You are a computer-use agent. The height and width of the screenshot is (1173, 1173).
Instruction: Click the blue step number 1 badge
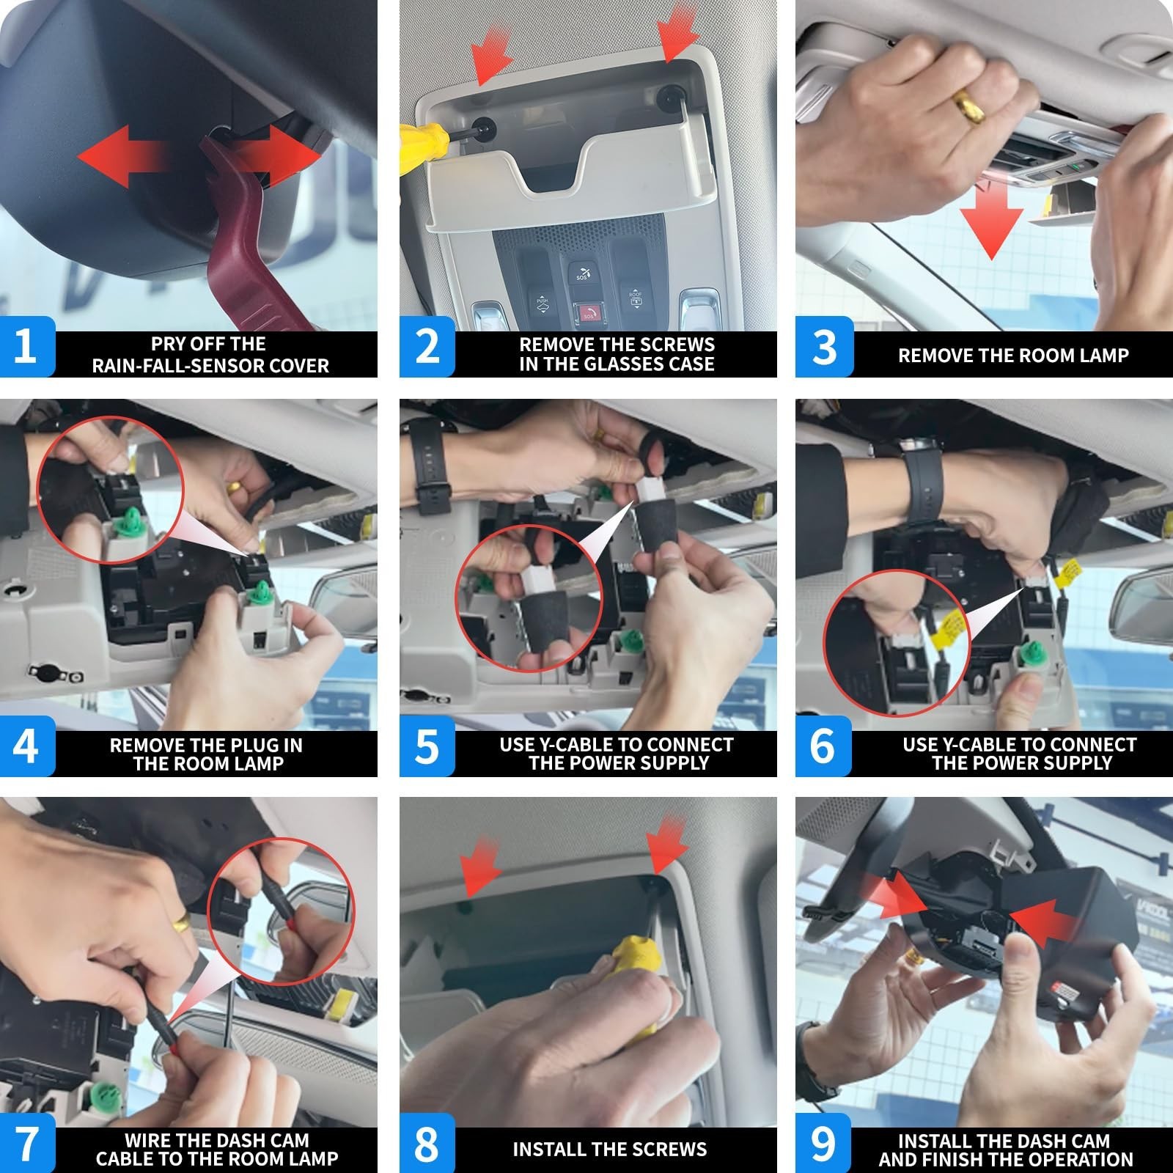[27, 346]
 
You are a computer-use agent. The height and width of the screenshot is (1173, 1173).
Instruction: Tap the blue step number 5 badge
[427, 746]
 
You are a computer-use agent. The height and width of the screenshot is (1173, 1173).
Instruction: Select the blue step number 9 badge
[823, 1143]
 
